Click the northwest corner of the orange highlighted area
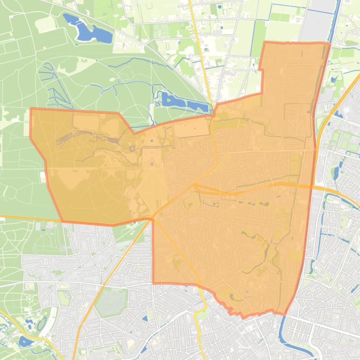click(x=31, y=109)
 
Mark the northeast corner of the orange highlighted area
click(x=330, y=43)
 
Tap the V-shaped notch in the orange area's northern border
click(x=135, y=133)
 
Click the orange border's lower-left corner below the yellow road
click(x=153, y=283)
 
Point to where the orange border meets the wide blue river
click(x=284, y=314)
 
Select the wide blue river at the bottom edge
click(x=282, y=341)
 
